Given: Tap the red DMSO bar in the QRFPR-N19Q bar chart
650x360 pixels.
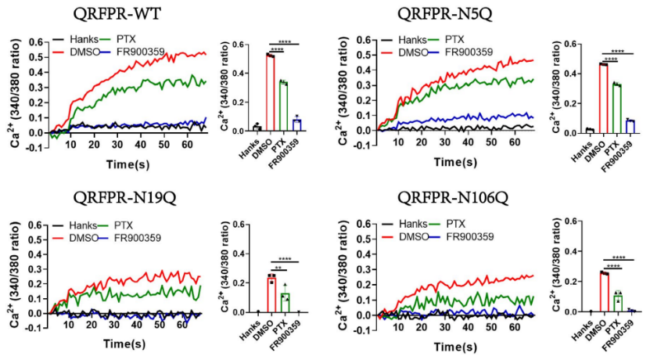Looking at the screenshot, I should (270, 294).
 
